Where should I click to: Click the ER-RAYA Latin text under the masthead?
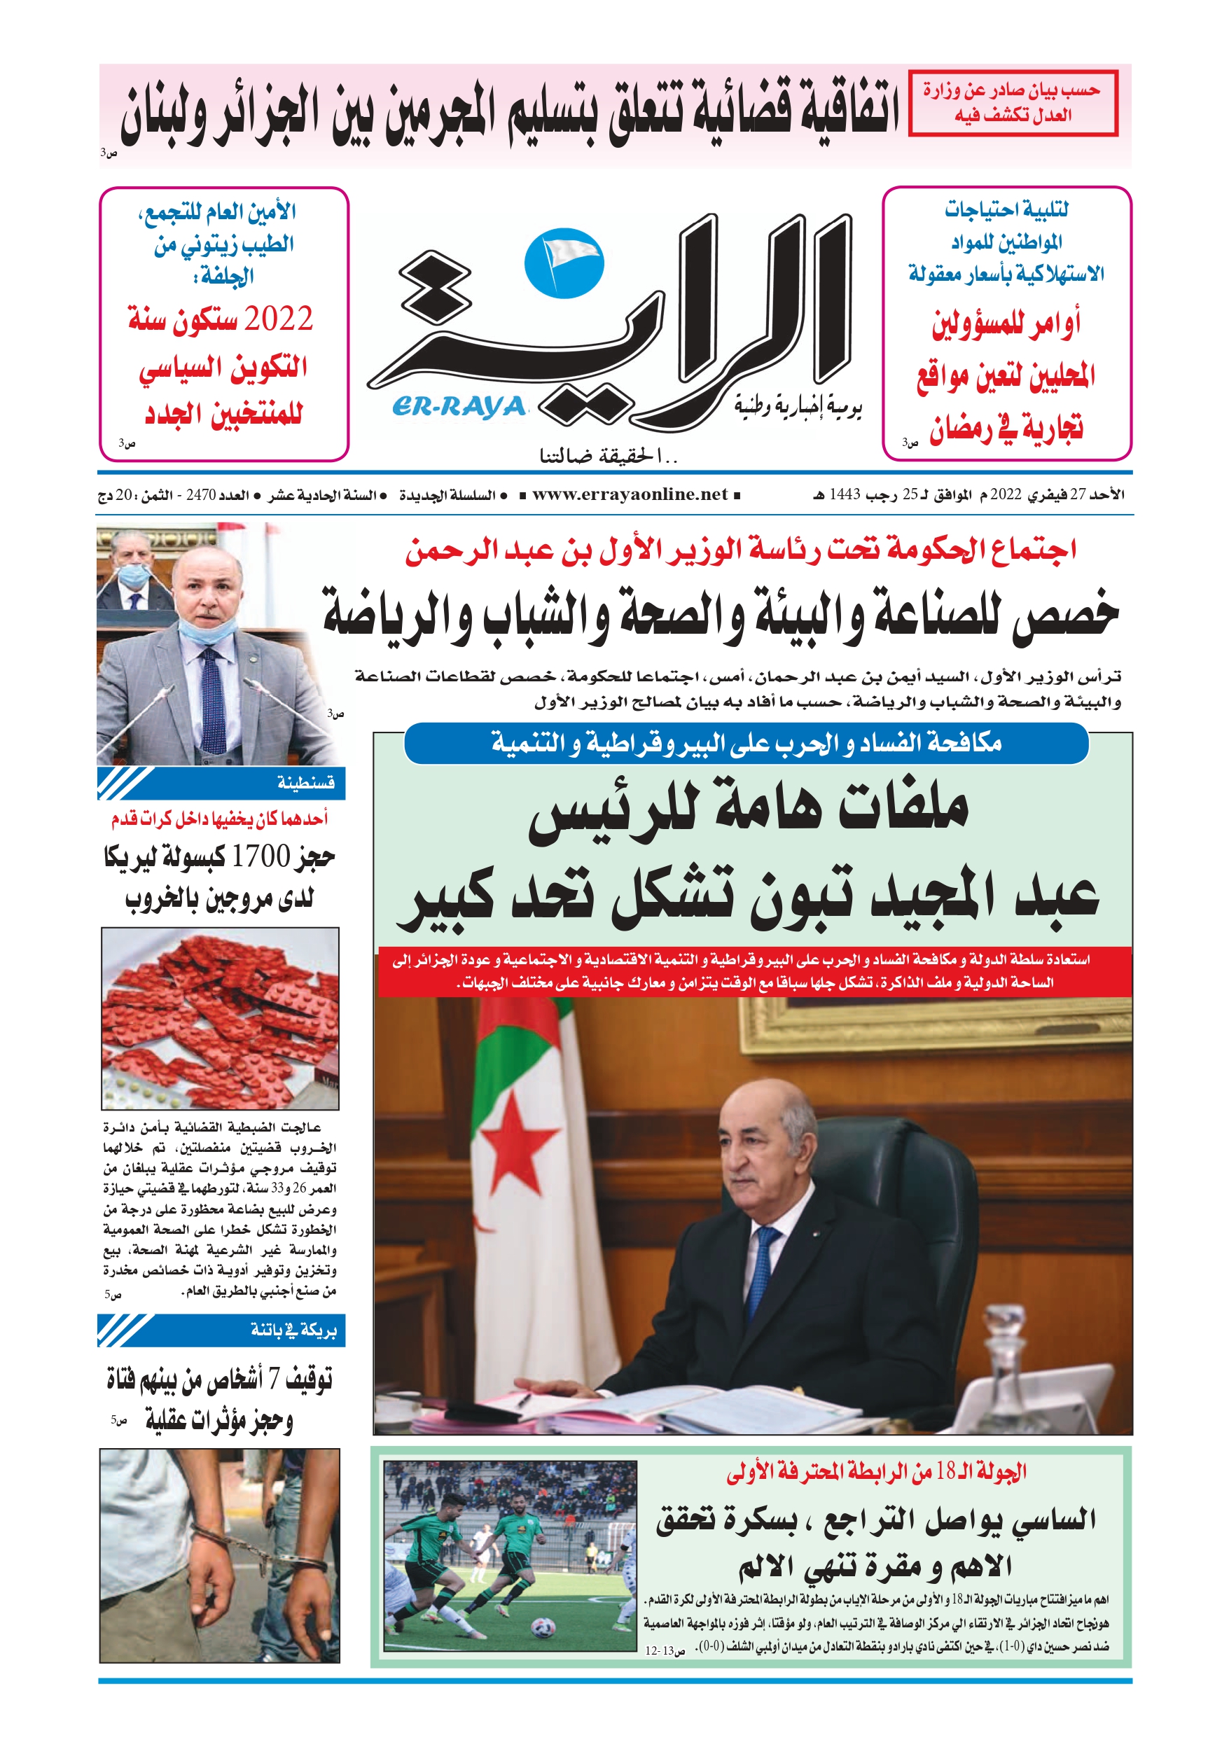click(x=459, y=408)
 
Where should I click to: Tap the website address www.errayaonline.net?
click(x=630, y=494)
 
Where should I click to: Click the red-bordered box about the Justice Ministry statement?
click(x=1013, y=103)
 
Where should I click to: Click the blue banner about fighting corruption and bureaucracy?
click(x=746, y=744)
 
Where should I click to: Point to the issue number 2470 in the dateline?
click(x=201, y=495)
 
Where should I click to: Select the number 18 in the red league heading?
click(x=946, y=1487)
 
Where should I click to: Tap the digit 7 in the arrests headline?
click(x=274, y=1380)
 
